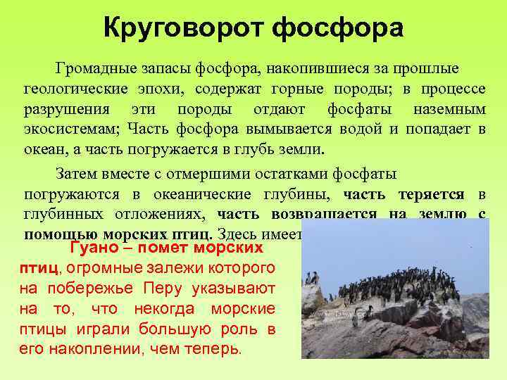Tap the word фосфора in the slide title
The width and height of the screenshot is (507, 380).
pyautogui.click(x=338, y=29)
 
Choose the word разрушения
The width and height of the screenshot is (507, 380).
pyautogui.click(x=67, y=110)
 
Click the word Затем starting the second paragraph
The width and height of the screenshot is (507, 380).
pyautogui.click(x=75, y=174)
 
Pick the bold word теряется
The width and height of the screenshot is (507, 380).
pyautogui.click(x=431, y=194)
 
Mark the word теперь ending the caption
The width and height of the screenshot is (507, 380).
pyautogui.click(x=218, y=348)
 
